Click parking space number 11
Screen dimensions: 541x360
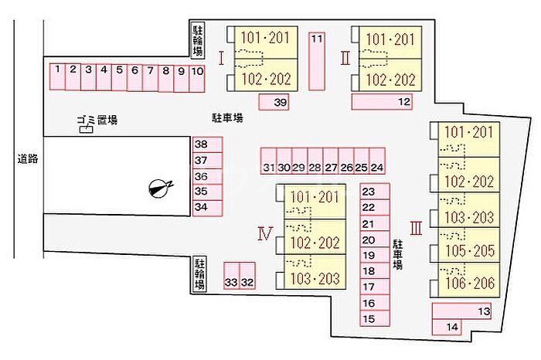[317, 61]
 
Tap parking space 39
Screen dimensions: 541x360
[274, 102]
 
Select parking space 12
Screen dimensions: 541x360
[382, 102]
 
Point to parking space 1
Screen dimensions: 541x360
[57, 76]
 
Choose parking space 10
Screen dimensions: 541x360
[197, 79]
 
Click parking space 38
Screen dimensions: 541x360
[207, 144]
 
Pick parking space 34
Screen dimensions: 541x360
[207, 208]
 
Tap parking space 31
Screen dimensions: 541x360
[268, 161]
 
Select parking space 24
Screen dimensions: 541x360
[377, 161]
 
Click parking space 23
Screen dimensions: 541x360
[375, 192]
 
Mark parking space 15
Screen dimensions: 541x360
[375, 318]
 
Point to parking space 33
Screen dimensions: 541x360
[232, 276]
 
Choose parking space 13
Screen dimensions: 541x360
[461, 311]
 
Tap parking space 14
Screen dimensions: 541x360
[447, 327]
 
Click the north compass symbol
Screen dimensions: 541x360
[159, 188]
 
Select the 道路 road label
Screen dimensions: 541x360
[28, 159]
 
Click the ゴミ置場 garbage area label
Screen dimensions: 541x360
[97, 120]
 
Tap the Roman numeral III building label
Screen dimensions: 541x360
[416, 228]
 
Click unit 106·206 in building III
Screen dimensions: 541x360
[469, 280]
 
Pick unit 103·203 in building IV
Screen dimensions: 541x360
[315, 272]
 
